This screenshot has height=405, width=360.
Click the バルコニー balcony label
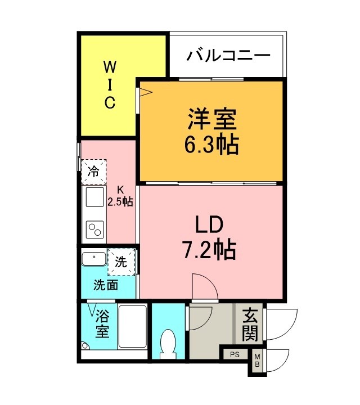229,56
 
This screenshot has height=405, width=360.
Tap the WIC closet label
109,86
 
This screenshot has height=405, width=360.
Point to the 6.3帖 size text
210,145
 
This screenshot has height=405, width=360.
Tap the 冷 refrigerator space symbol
93,172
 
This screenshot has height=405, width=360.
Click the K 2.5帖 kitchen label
120,196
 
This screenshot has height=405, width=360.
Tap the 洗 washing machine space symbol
121,262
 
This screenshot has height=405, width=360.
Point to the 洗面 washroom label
106,285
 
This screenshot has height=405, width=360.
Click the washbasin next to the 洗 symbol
93,259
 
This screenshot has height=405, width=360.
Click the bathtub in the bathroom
133,328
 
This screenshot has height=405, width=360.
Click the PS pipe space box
235,354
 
